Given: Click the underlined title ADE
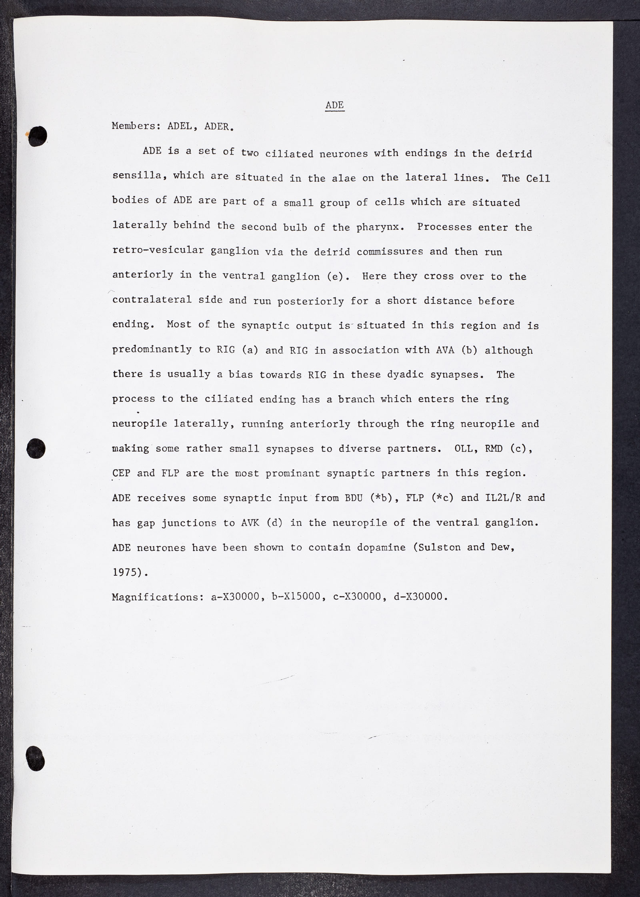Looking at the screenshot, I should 334,105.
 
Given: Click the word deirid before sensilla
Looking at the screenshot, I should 514,154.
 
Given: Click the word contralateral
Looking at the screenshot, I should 152,300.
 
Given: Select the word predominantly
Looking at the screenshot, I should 152,349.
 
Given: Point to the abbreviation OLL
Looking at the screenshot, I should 464,448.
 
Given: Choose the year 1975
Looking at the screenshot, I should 127,572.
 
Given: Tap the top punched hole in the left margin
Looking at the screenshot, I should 38,136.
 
